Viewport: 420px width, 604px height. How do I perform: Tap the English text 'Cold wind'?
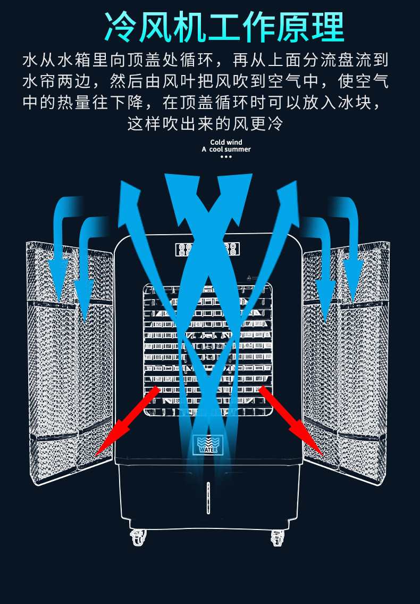pos(226,142)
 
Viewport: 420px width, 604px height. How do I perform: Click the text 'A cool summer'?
pos(226,150)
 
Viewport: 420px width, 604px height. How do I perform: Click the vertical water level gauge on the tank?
pos(207,497)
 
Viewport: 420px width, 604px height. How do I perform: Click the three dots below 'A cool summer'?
pos(226,157)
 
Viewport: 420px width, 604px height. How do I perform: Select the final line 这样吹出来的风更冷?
pos(205,124)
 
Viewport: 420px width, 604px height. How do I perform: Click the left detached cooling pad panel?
pos(69,367)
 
